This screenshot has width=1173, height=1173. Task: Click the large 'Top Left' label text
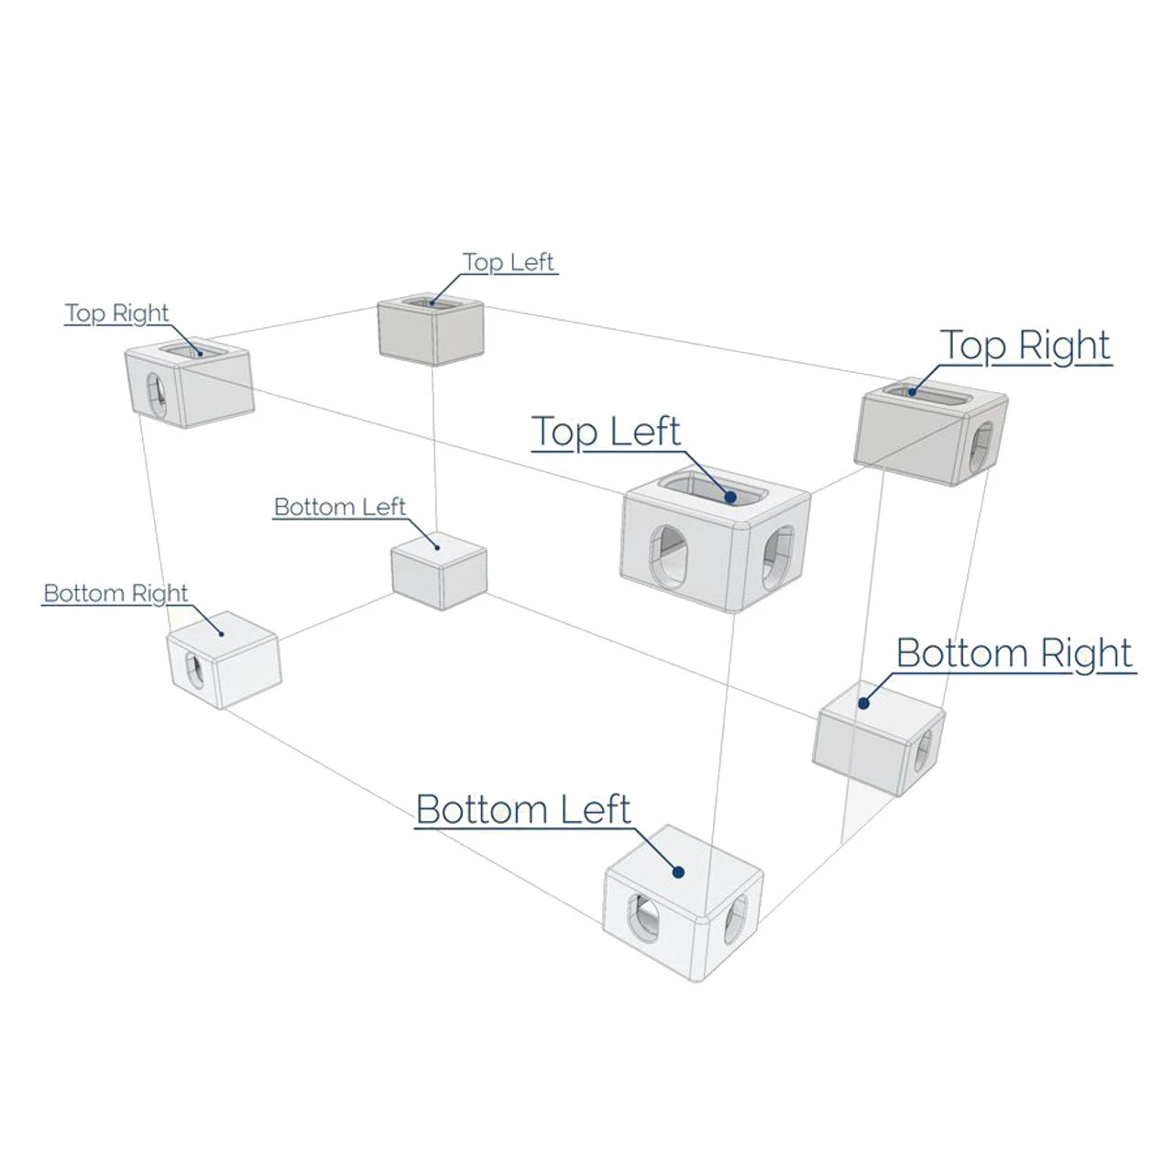606,432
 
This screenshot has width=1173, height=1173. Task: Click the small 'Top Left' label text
509,262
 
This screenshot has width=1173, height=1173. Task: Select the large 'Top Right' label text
1025,345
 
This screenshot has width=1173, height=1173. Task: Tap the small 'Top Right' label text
117,313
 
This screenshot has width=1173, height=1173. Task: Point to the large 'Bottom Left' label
523,810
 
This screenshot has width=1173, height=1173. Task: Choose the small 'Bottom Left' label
340,507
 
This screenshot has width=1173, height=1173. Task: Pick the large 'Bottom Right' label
1014,653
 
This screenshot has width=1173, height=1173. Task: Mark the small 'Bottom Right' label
115,593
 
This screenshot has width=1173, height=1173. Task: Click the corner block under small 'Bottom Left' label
439,570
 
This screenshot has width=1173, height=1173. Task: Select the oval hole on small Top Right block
157,394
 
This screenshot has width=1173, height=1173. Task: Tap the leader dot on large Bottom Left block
678,872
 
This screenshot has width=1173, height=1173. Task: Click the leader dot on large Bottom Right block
862,704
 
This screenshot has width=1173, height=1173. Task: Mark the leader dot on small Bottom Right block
221,632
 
